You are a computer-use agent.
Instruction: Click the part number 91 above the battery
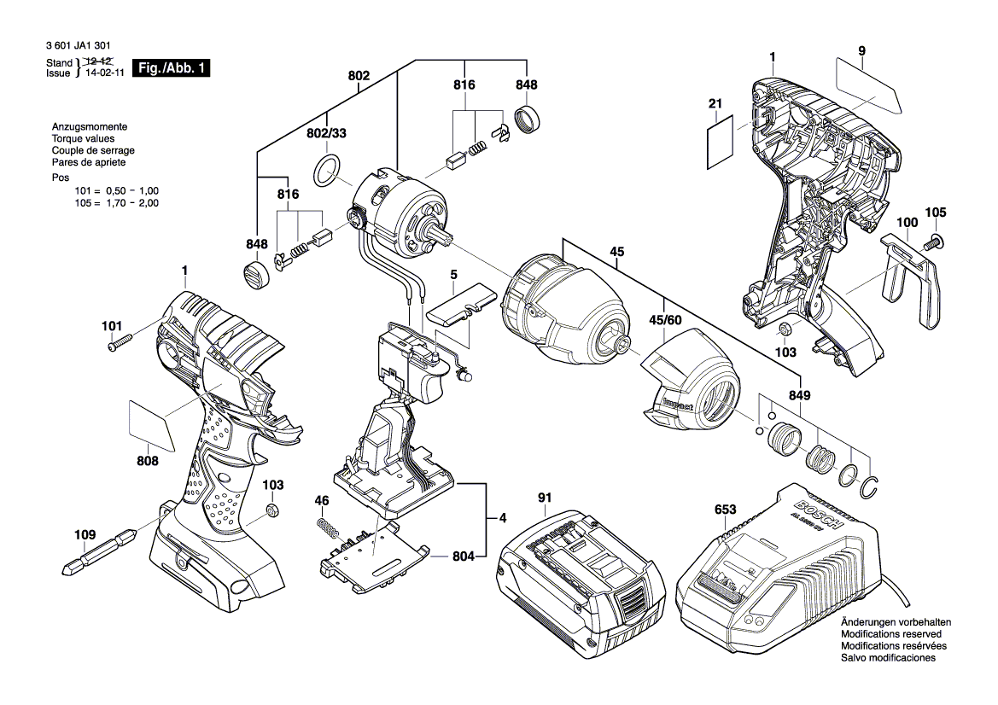point(546,498)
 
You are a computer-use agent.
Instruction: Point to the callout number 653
point(725,510)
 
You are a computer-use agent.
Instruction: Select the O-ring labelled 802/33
point(326,171)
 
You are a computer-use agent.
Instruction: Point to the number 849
point(800,396)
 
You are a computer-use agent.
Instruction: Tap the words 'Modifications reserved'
point(891,634)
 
